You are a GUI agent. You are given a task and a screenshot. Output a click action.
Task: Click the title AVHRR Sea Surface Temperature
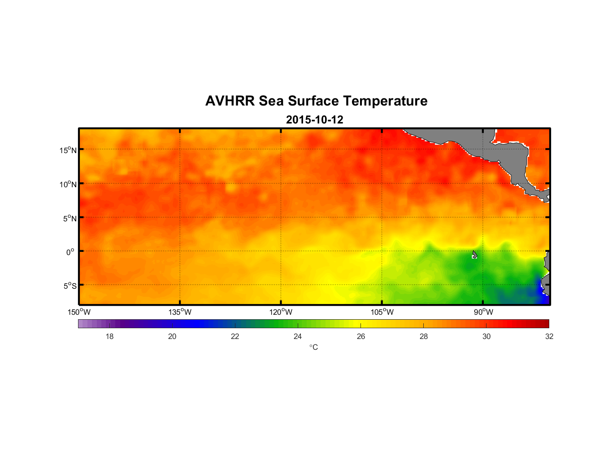coord(316,101)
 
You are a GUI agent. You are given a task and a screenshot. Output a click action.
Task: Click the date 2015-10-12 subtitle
coord(314,120)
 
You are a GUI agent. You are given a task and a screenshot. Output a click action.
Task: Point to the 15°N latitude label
coord(68,150)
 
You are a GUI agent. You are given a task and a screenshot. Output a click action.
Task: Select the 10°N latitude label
coord(68,184)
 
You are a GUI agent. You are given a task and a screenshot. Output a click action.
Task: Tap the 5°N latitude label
coord(69,218)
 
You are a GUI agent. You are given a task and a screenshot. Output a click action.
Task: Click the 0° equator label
coord(70,252)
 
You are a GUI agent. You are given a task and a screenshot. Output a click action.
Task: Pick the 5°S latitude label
coord(69,286)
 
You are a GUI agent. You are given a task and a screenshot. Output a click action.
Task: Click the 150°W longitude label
coord(79,312)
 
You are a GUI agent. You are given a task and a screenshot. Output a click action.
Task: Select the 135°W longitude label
coord(180,312)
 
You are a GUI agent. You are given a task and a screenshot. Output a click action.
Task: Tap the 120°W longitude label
coord(281,312)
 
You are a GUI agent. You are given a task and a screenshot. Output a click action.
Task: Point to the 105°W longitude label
coord(382,312)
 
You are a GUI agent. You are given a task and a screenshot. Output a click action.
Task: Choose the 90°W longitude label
coord(483,312)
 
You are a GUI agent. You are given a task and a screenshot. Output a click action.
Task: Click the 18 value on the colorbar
coord(109,336)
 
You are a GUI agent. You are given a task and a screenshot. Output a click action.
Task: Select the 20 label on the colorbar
coord(172,336)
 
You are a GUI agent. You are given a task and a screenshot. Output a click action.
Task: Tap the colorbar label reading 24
coord(298,336)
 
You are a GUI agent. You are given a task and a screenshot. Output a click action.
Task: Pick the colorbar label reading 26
coord(361,336)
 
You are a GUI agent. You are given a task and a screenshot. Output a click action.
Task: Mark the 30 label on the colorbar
coord(486,336)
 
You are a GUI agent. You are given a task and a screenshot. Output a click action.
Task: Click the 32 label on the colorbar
coord(549,336)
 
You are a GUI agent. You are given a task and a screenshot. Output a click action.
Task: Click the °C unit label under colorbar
coord(313,347)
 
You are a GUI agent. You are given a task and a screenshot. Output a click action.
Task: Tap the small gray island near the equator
coord(474,255)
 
